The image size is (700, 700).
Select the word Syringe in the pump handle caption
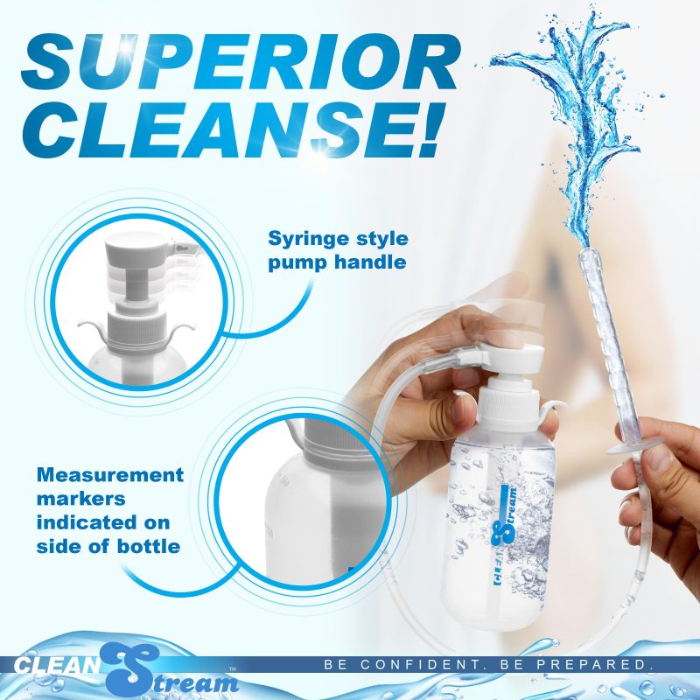click(x=304, y=240)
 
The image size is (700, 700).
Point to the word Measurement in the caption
click(x=110, y=474)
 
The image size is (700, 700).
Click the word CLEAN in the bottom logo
click(x=56, y=665)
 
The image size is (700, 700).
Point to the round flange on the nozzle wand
click(x=624, y=448)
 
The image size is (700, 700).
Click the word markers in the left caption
click(x=80, y=499)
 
